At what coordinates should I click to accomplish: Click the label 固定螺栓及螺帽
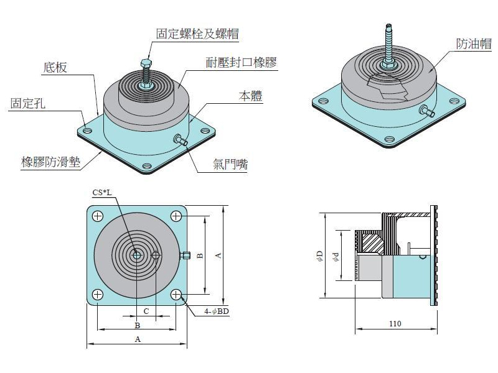[x=197, y=34]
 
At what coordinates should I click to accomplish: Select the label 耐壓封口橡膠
[x=241, y=63]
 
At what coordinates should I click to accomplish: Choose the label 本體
[x=250, y=96]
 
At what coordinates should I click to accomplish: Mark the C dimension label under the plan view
[x=146, y=310]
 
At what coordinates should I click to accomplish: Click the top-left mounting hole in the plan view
[x=98, y=216]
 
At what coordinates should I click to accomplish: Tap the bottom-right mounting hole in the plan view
[x=176, y=294]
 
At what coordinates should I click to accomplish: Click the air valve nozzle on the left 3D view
[x=182, y=141]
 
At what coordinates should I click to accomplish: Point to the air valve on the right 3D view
[x=428, y=111]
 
